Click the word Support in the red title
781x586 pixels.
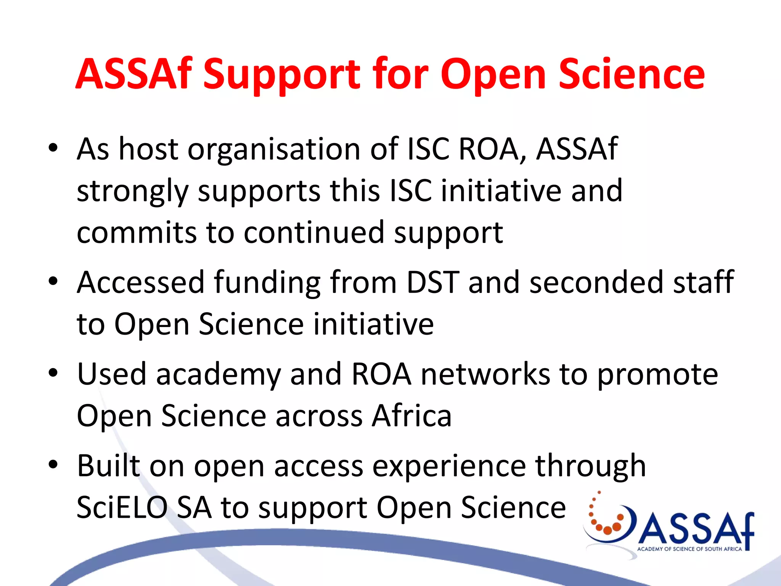pos(281,74)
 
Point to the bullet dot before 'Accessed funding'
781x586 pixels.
pos(53,282)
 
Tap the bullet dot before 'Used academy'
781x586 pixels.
pos(53,373)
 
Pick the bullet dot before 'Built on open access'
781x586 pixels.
pos(53,465)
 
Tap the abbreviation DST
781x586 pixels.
pos(433,282)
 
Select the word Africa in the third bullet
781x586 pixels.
pos(412,416)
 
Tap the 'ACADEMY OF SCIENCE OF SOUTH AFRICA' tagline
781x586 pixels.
pos(689,549)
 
